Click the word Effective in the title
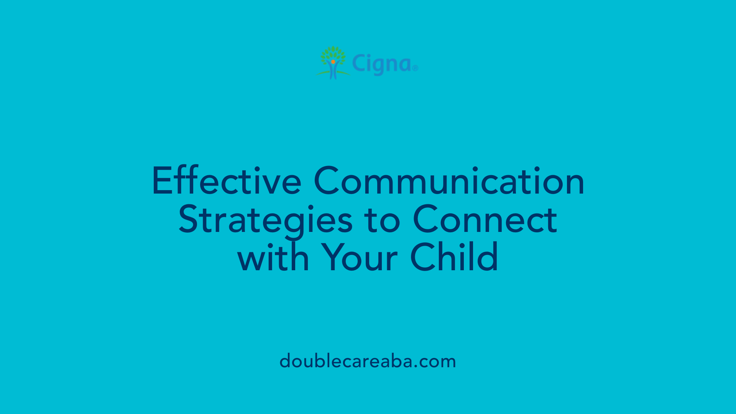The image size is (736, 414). tap(227, 181)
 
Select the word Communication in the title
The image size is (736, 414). tap(449, 181)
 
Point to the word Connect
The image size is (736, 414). tap(485, 219)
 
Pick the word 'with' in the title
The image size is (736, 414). tap(273, 258)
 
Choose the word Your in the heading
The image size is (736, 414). tap(360, 258)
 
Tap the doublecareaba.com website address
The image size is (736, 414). tap(368, 361)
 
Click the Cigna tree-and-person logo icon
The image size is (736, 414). tap(333, 63)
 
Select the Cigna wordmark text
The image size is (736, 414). tap(382, 64)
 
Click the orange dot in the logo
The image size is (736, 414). tap(333, 61)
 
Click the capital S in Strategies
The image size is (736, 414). tap(189, 219)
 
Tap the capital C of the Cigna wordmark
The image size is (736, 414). tap(359, 63)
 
